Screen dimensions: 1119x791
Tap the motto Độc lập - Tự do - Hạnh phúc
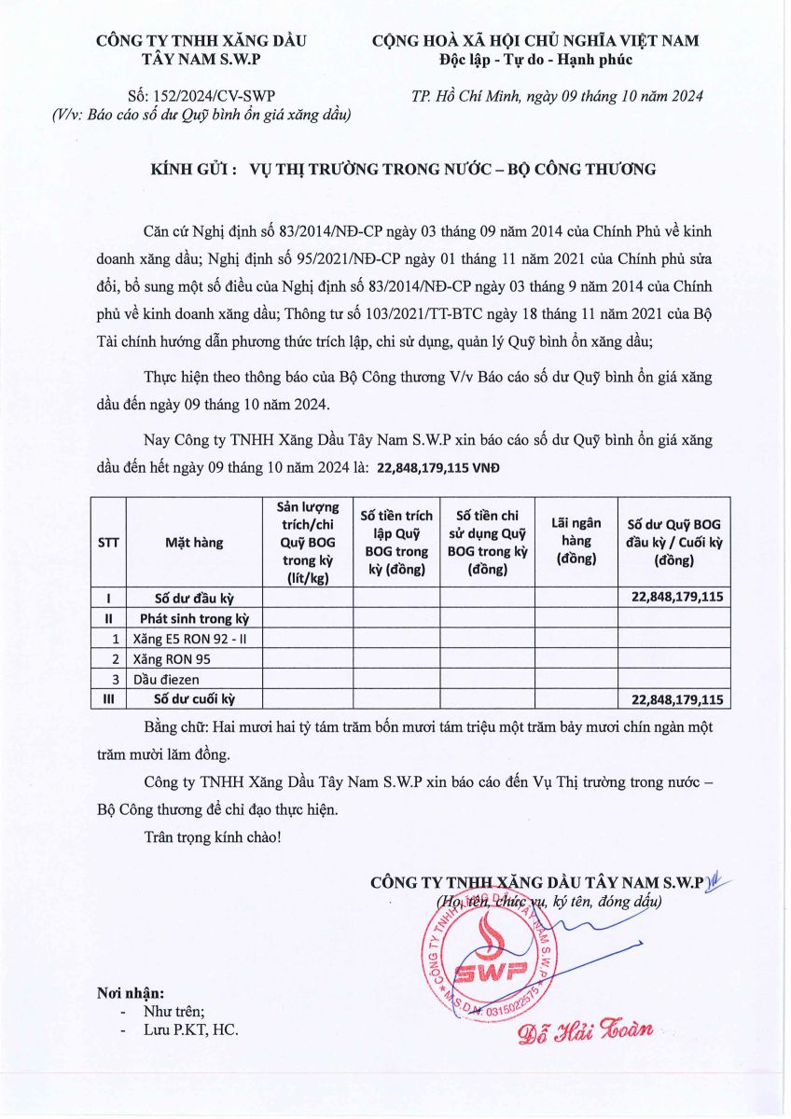pos(535,60)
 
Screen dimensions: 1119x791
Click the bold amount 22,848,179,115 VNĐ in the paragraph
pos(437,469)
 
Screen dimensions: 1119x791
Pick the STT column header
pos(107,543)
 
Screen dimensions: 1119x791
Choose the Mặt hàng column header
pos(194,543)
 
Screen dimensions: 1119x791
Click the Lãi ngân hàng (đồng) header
pos(576,541)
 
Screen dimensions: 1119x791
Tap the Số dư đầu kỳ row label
pos(193,598)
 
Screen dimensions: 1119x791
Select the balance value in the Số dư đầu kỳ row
pos(677,598)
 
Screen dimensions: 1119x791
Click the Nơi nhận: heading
pos(131,992)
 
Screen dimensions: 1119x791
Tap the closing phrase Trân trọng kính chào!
pos(213,837)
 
